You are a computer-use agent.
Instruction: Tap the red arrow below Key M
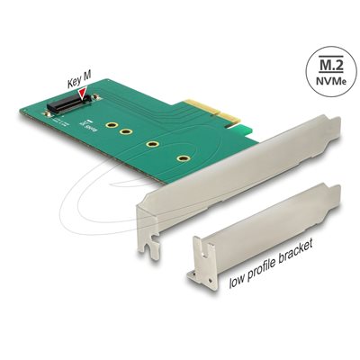coord(84,92)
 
